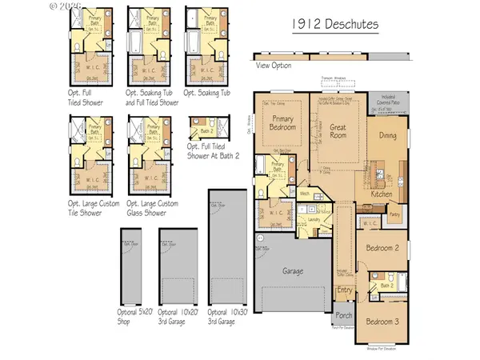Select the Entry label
tap(345, 290)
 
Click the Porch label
tap(344, 314)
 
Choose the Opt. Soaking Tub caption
tap(207, 93)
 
